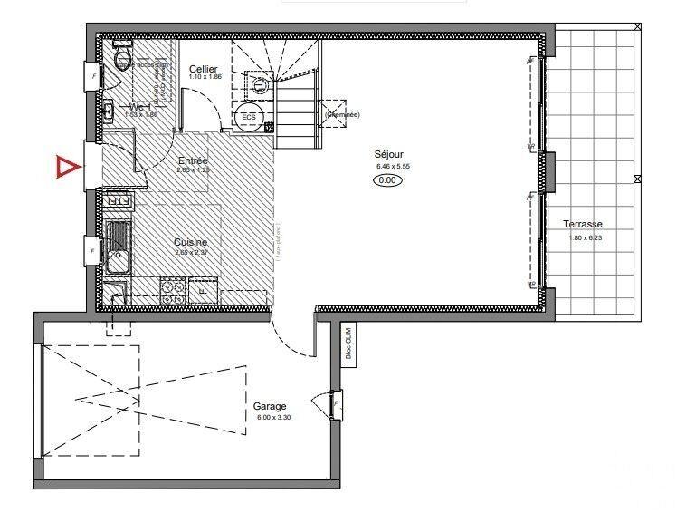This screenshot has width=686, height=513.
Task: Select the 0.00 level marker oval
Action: pyautogui.click(x=388, y=179)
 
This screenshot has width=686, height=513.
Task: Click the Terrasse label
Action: pyautogui.click(x=582, y=224)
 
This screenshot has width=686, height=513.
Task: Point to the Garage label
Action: pyautogui.click(x=270, y=406)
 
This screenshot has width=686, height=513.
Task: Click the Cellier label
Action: pyautogui.click(x=204, y=69)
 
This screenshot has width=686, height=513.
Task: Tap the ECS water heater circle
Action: pyautogui.click(x=247, y=117)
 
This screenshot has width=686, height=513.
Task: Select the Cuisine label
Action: pyautogui.click(x=191, y=242)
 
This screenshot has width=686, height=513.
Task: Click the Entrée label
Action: pyautogui.click(x=193, y=160)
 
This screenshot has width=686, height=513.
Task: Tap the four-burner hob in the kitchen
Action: pyautogui.click(x=172, y=289)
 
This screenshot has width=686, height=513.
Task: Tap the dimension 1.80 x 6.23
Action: pyautogui.click(x=586, y=237)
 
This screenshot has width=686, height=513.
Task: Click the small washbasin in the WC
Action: pyautogui.click(x=108, y=111)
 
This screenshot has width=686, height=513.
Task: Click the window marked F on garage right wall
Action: pyautogui.click(x=336, y=404)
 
